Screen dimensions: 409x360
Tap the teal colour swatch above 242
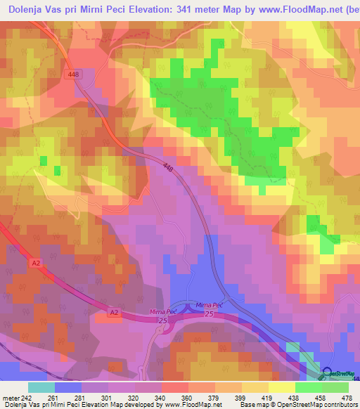41,387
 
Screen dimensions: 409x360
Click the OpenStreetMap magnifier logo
327,373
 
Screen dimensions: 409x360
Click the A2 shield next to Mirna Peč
115,311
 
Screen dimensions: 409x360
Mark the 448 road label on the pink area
167,167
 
